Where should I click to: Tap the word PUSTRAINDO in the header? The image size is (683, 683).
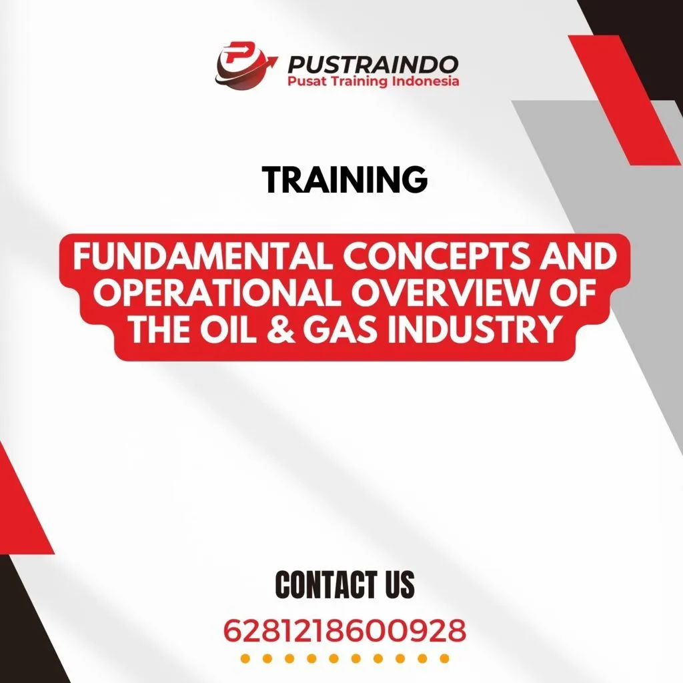point(373,64)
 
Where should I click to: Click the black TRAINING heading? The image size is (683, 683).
point(344,179)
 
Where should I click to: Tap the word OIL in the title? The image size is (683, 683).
point(232,330)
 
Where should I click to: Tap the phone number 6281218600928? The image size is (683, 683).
point(344,630)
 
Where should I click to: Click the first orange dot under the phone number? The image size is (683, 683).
point(245,659)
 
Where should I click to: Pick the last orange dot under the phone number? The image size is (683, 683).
point(444,659)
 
